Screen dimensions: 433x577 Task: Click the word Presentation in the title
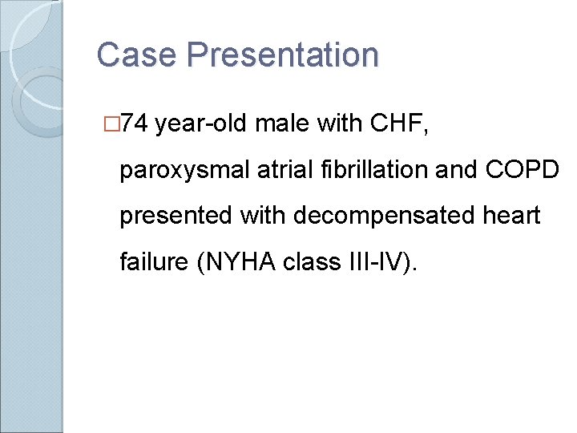coord(282,55)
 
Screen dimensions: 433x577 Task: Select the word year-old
coord(205,125)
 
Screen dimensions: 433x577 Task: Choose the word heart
coord(513,215)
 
